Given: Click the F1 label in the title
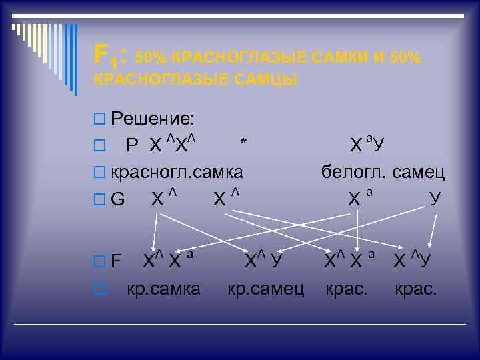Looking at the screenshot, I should (107, 54).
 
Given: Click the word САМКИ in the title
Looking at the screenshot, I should (338, 58).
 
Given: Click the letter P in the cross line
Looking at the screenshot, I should (133, 145).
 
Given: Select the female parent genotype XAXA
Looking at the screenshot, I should (171, 144).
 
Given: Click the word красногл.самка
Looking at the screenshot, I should (177, 171).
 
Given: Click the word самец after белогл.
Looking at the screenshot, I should (417, 171).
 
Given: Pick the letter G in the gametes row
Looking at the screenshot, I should (118, 199).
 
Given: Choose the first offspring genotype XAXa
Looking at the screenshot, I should (167, 260).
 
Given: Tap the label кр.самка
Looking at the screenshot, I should (164, 289).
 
